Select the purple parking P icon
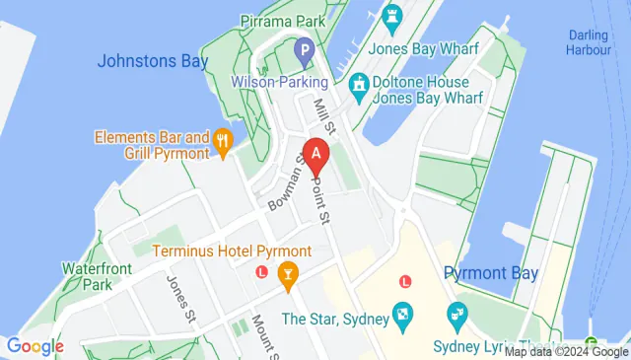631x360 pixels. (x=305, y=48)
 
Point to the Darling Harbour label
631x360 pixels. (x=588, y=43)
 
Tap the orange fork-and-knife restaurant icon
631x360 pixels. (x=225, y=140)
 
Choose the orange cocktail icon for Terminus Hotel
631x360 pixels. (x=289, y=272)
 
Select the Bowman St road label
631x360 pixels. (x=284, y=189)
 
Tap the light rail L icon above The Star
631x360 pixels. (x=404, y=282)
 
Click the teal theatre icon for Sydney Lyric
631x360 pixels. (x=456, y=317)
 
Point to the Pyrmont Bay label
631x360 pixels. (x=491, y=273)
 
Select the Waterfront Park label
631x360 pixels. (x=88, y=276)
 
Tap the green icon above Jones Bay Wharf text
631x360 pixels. (x=391, y=17)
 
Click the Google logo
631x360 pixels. (x=35, y=346)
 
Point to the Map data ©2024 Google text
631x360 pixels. (x=566, y=351)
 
